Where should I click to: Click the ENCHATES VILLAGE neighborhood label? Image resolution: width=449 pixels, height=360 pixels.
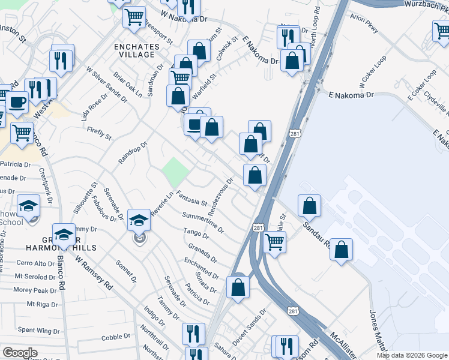click(137, 50)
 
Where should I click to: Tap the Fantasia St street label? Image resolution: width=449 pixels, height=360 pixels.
click(191, 198)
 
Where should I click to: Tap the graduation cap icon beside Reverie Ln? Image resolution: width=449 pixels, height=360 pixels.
click(139, 220)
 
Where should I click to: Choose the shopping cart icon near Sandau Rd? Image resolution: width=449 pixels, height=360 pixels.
click(274, 242)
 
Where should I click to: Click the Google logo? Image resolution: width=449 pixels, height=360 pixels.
click(20, 353)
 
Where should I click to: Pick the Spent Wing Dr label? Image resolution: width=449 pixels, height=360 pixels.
click(38, 331)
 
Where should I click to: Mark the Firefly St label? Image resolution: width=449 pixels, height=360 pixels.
click(99, 133)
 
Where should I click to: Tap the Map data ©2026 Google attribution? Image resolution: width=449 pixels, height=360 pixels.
click(412, 355)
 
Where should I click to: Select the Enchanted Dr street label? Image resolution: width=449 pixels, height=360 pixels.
click(202, 265)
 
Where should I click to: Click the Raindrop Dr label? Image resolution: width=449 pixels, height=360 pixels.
click(133, 149)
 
